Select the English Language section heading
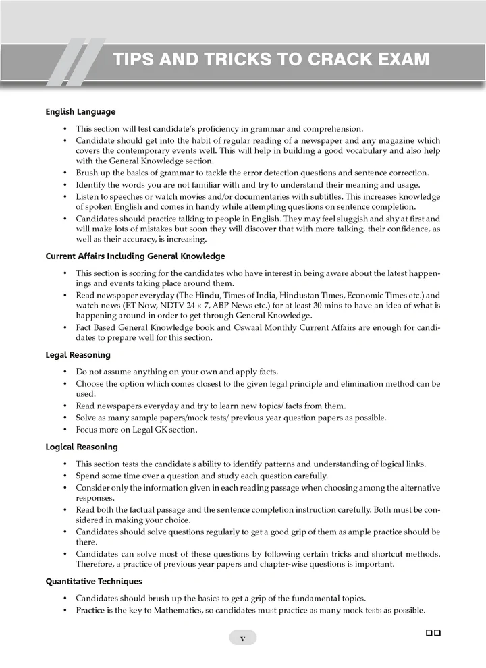(80, 111)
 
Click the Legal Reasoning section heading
(78, 354)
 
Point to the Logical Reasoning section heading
(81, 447)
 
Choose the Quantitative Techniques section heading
(93, 580)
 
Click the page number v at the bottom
(243, 638)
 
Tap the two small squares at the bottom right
(433, 633)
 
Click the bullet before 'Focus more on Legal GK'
(65, 430)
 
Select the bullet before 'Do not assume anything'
(65, 372)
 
